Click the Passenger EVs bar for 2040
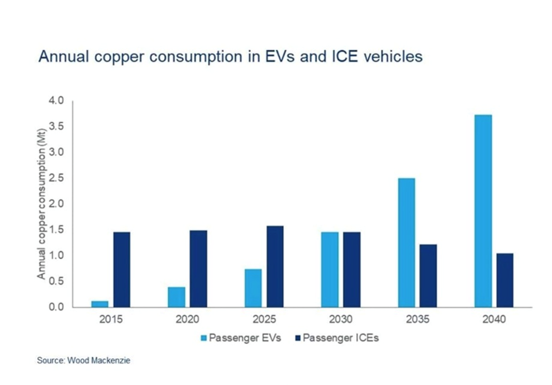pyautogui.click(x=482, y=211)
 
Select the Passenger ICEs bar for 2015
pyautogui.click(x=122, y=270)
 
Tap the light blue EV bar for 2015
pyautogui.click(x=100, y=304)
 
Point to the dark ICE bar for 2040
pyautogui.click(x=504, y=280)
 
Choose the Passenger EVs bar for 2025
pyautogui.click(x=253, y=288)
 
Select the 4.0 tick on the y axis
pyautogui.click(x=56, y=101)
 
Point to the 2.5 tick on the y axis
pyautogui.click(x=56, y=179)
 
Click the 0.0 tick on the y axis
pyautogui.click(x=56, y=307)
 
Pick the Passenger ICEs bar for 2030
pyautogui.click(x=352, y=270)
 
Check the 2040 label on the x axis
pyautogui.click(x=493, y=319)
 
